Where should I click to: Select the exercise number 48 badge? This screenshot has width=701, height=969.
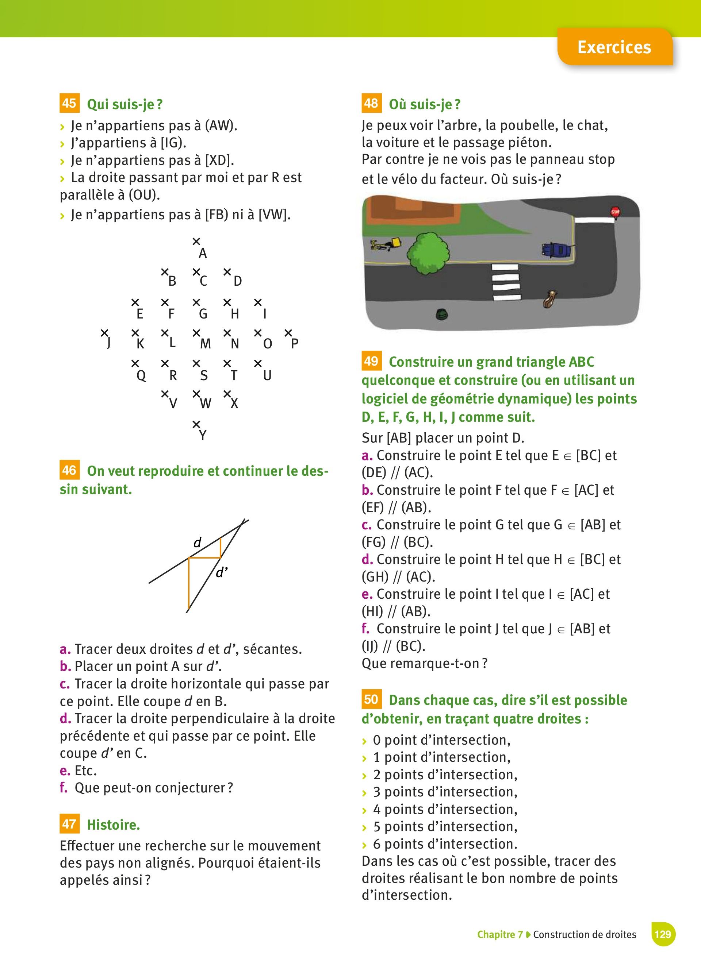pos(371,103)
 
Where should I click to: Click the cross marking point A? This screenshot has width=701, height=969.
pos(196,242)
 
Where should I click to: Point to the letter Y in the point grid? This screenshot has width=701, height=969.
pos(203,435)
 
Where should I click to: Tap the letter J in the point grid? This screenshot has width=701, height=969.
pos(108,343)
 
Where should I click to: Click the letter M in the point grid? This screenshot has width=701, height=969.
pos(206,344)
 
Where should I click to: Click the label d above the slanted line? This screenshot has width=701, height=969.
pos(197,543)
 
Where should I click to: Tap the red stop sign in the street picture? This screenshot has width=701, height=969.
pos(615,212)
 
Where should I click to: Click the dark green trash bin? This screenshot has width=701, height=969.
pos(441,315)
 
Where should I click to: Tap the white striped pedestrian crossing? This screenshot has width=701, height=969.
pos(506,282)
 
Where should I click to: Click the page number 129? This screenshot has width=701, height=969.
pos(663,934)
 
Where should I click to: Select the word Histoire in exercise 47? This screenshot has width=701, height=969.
pos(113,825)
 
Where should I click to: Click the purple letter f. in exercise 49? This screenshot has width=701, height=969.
pos(365,629)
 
